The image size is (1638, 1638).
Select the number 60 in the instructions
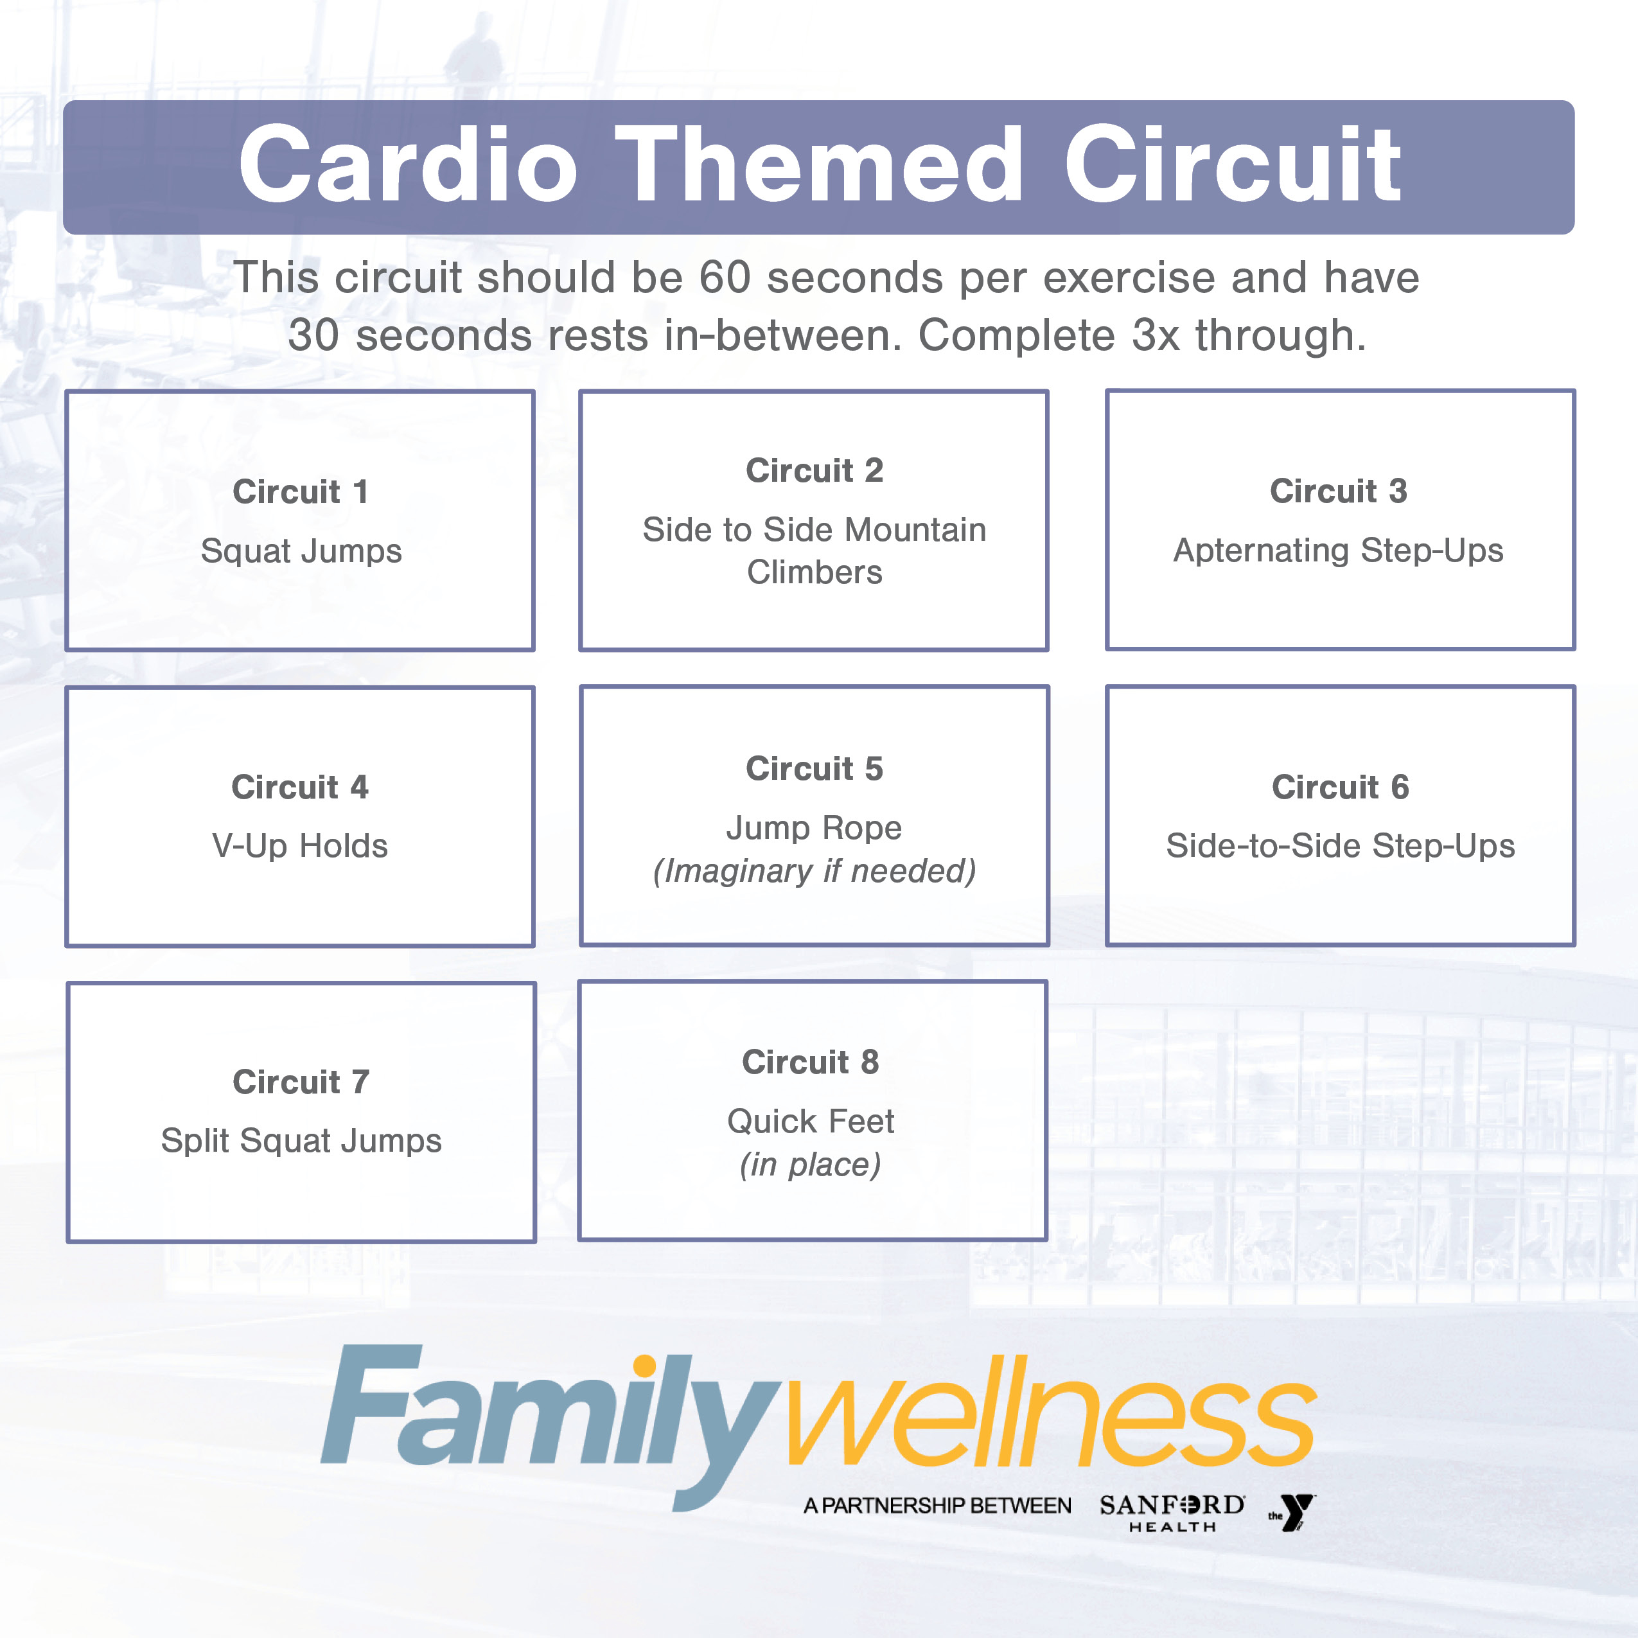[725, 277]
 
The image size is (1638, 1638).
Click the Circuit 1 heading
[301, 492]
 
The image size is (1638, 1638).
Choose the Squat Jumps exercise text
[301, 551]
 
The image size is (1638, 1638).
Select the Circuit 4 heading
[300, 787]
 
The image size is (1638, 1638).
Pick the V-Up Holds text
[300, 846]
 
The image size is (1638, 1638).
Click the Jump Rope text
[814, 827]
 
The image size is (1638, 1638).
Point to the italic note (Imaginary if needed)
[814, 871]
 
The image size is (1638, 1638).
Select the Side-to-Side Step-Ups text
[1341, 846]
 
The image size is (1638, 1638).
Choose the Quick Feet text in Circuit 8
[811, 1121]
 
